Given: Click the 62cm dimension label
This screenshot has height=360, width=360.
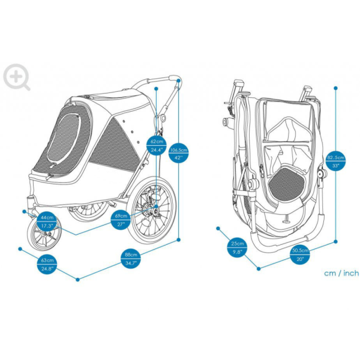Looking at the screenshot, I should point(156,142).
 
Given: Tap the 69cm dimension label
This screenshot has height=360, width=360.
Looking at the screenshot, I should point(121,215).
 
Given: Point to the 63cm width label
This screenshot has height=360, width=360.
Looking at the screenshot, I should point(47,260).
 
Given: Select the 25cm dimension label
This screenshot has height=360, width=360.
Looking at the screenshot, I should point(237,244).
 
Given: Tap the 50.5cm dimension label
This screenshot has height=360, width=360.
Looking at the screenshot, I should point(300,250).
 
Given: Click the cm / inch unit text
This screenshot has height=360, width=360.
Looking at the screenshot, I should point(341,273).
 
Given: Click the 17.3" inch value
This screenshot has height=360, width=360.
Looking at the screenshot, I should point(46,225).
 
